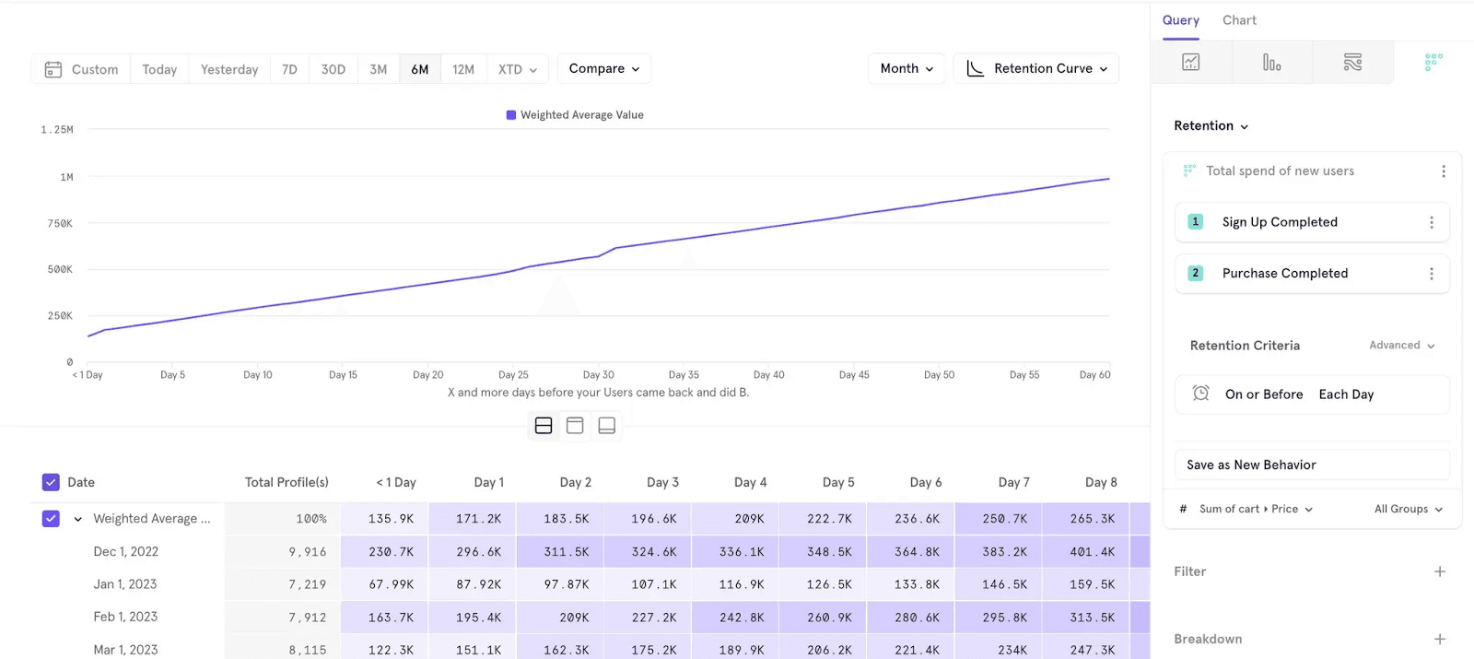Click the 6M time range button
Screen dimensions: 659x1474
coord(420,69)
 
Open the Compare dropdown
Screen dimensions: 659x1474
coord(603,68)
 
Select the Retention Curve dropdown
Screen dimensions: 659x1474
coord(1036,68)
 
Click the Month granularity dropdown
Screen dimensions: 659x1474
coord(907,68)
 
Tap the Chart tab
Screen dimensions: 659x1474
coord(1239,20)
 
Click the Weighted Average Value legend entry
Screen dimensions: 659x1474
coord(576,115)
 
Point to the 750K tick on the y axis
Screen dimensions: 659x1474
coord(60,223)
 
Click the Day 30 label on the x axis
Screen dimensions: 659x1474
coord(599,375)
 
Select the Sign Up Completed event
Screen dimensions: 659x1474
coord(1280,222)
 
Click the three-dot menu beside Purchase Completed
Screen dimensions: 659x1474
coord(1432,274)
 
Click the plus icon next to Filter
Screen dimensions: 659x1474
coord(1440,571)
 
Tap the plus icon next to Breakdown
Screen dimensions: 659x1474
coord(1440,639)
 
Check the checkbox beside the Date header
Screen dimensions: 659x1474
coord(51,482)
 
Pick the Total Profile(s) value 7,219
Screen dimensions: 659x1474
coord(308,584)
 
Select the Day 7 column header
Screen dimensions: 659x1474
coord(1013,482)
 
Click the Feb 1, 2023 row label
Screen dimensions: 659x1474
coord(125,617)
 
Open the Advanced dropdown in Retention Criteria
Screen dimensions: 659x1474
coord(1402,346)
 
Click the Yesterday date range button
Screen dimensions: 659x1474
coord(229,69)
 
